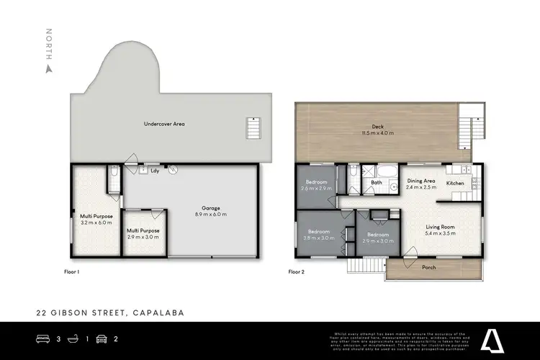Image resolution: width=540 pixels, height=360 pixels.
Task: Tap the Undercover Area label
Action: pos(164,124)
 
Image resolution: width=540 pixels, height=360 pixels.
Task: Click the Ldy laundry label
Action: pos(155,171)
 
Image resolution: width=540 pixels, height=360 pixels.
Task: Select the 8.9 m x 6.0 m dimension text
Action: pos(210,214)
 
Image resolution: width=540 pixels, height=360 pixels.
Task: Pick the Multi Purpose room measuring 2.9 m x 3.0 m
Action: pos(144,234)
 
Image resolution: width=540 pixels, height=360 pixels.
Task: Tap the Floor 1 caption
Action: pos(71,272)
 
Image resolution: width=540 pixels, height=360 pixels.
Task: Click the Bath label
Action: pos(377,183)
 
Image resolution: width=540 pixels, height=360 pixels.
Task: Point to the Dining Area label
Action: pos(421,181)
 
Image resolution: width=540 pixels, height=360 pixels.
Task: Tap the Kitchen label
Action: pos(455,184)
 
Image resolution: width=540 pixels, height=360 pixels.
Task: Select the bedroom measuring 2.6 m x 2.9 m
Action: pos(317,185)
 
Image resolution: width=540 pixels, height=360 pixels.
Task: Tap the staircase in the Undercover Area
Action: pos(253,127)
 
